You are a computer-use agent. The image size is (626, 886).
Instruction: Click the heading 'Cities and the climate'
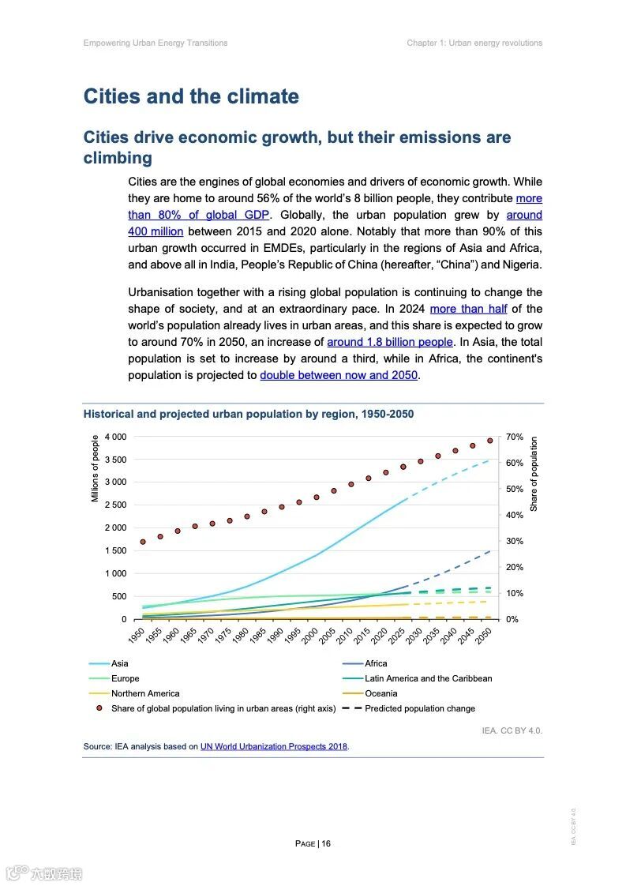(x=191, y=97)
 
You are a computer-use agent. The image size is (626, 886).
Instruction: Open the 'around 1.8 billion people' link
(x=390, y=342)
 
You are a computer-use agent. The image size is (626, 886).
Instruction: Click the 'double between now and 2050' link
(x=339, y=375)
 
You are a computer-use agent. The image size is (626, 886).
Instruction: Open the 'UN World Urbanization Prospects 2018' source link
(x=274, y=746)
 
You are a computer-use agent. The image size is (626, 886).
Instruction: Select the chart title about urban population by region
(x=248, y=414)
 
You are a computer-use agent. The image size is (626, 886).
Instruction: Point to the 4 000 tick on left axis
(x=115, y=437)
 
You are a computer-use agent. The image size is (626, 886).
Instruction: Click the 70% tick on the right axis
(x=515, y=437)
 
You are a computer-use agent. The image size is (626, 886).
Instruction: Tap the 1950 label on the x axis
(x=136, y=637)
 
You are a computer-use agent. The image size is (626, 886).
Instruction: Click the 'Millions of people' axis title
(x=96, y=468)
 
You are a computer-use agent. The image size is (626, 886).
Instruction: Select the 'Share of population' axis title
(x=534, y=474)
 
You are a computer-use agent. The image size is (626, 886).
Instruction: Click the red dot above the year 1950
(x=143, y=542)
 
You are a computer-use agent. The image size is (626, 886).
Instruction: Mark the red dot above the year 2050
(x=489, y=441)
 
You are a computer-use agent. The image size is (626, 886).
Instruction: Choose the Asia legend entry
(x=119, y=663)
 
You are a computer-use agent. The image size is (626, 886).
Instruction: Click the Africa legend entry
(x=376, y=663)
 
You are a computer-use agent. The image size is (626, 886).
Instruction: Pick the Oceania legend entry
(x=380, y=693)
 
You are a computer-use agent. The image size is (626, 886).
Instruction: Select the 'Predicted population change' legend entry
(x=419, y=708)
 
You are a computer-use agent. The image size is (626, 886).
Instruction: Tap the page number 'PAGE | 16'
(x=313, y=843)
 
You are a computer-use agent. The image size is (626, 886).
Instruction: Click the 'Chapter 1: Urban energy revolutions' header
(x=474, y=43)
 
